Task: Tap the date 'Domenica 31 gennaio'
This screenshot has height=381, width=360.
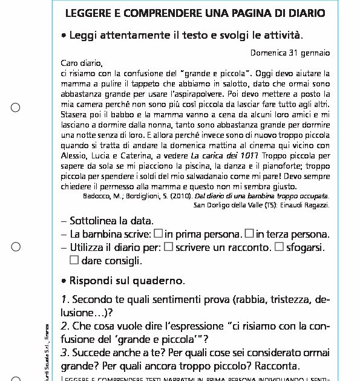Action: [290, 53]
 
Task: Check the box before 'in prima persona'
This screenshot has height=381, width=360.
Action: [158, 233]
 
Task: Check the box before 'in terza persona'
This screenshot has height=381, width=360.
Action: [249, 233]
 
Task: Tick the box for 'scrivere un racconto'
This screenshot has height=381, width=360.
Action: [169, 247]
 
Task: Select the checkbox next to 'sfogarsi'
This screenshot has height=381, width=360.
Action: [279, 247]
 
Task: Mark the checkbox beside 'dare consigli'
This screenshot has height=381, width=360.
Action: [74, 261]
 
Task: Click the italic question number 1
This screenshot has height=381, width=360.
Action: [64, 299]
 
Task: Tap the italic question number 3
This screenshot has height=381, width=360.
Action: [64, 353]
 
